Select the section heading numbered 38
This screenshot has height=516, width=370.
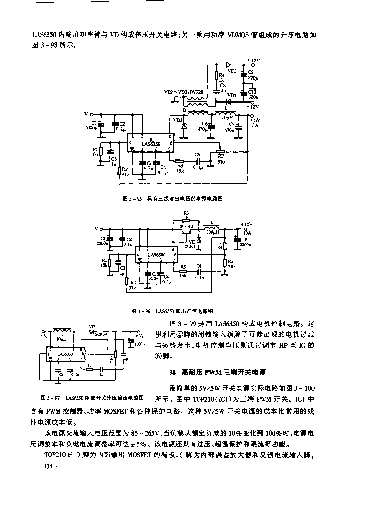tap(217, 372)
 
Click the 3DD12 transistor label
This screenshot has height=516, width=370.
tap(186, 226)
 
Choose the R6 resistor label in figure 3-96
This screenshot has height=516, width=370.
tap(186, 213)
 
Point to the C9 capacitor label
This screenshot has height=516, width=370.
tap(251, 72)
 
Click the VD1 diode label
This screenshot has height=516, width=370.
tap(177, 120)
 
